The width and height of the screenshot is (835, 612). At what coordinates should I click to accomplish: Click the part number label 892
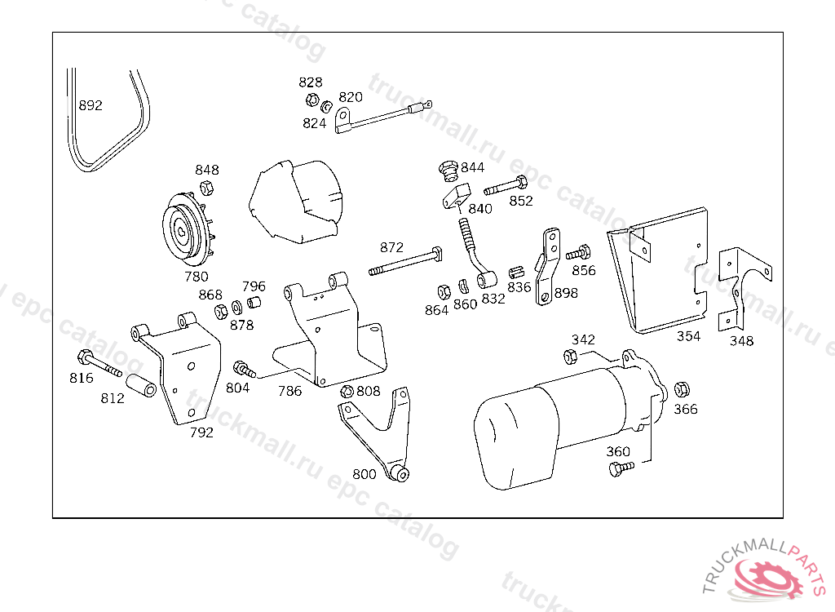coord(91,106)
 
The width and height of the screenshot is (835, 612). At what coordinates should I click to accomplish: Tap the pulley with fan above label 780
coord(188,231)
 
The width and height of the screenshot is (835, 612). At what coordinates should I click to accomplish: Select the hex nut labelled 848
coord(206,188)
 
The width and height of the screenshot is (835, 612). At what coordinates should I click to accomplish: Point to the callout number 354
coord(688,336)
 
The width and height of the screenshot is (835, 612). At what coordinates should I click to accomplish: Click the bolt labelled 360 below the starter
coord(621,468)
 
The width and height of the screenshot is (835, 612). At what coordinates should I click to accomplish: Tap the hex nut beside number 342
coord(571,356)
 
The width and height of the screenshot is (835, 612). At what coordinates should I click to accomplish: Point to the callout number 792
coord(201,432)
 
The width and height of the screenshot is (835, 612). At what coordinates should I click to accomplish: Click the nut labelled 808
coord(347,392)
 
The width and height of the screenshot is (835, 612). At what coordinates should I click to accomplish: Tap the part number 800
coord(364,474)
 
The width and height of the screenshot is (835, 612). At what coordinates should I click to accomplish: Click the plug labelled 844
coord(446,170)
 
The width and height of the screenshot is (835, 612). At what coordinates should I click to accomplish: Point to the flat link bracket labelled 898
coord(548,267)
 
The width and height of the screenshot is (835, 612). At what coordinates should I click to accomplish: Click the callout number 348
coord(741,341)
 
